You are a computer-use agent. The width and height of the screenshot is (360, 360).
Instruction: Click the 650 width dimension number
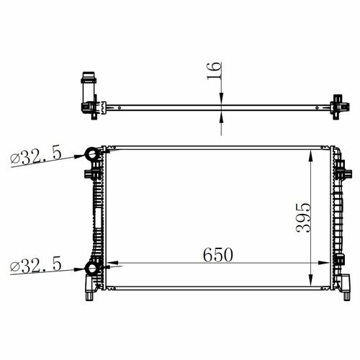[218, 255]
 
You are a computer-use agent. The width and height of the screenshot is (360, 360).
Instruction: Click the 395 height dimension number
[303, 218]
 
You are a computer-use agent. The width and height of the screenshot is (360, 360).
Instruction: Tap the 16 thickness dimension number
[214, 71]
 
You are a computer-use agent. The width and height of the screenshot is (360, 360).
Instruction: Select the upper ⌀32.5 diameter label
[36, 157]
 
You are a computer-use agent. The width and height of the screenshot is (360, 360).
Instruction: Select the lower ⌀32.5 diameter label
[36, 265]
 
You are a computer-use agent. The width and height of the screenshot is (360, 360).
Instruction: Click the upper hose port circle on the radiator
[92, 154]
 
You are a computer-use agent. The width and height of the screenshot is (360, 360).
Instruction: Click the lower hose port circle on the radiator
[92, 269]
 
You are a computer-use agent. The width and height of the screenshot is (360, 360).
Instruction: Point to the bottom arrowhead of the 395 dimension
[311, 280]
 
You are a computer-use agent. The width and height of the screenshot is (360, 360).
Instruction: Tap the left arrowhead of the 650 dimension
[112, 263]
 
